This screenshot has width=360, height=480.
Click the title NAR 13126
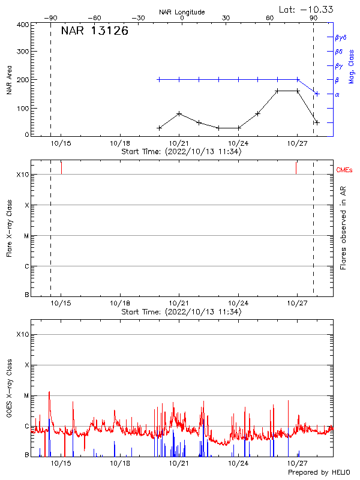[95, 31]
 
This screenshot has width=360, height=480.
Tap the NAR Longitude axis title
[182, 12]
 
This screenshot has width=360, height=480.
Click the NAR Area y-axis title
[9, 80]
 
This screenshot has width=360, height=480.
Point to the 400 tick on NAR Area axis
[23, 25]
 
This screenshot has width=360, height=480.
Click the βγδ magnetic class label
[341, 37]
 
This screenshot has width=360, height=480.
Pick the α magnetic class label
[337, 94]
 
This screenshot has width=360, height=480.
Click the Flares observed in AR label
[343, 227]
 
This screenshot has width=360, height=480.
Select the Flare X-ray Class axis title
[9, 227]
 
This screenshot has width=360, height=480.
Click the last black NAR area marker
[317, 122]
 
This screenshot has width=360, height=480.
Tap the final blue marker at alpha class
[317, 94]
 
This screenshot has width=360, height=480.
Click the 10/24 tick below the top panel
[238, 143]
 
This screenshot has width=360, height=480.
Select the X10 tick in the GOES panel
[23, 334]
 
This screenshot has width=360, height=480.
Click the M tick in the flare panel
[26, 236]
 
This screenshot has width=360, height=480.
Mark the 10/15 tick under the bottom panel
[61, 464]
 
